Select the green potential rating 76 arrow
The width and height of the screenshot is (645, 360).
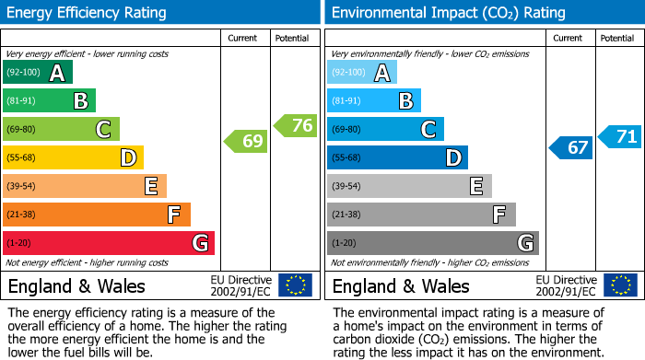(296, 126)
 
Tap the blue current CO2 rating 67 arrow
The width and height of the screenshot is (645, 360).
(570, 147)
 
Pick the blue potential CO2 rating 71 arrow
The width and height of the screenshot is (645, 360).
(620, 137)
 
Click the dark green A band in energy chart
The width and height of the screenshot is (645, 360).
(37, 73)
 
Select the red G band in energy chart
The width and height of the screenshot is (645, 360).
(109, 243)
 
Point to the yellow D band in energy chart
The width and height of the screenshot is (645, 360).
(73, 157)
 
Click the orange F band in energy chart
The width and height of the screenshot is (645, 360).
(97, 215)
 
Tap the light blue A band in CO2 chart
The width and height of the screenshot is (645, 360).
(361, 73)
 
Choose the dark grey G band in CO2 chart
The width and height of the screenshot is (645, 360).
(432, 243)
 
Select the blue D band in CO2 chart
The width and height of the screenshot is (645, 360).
(396, 157)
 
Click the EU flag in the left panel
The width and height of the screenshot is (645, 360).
(295, 285)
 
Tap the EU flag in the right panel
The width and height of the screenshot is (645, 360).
(619, 285)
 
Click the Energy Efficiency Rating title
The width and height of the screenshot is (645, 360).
(88, 13)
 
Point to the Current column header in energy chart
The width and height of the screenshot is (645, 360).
(244, 38)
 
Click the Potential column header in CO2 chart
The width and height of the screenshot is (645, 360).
(617, 38)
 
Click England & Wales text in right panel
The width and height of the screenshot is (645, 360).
(401, 286)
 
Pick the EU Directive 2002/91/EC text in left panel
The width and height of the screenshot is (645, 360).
(240, 285)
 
